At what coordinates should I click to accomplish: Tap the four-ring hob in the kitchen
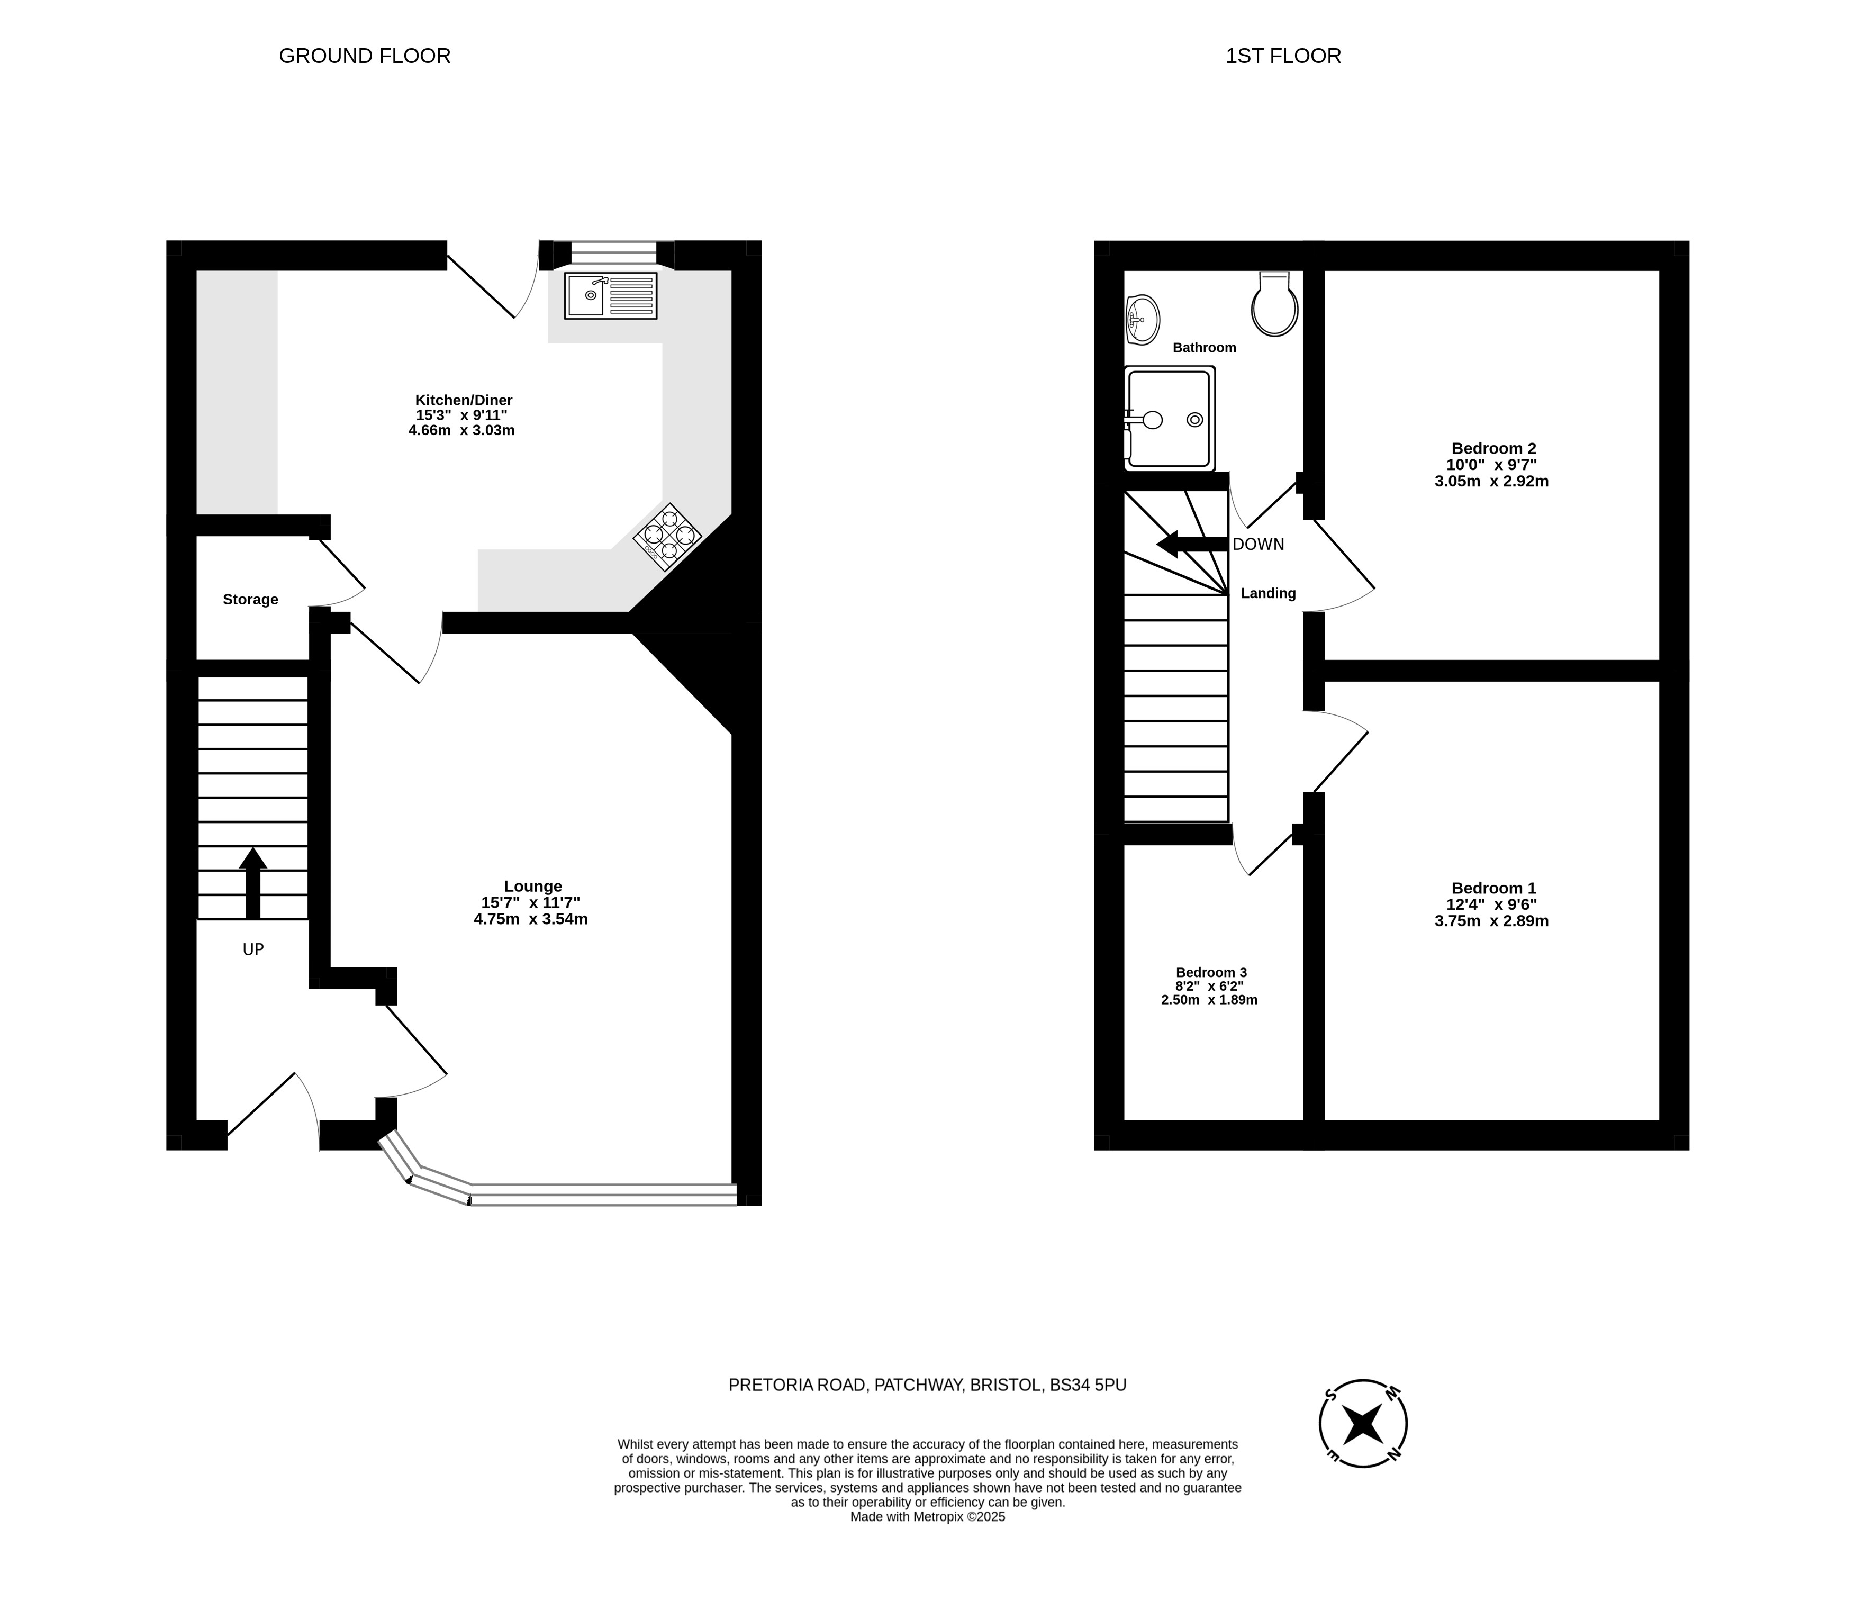[x=667, y=537]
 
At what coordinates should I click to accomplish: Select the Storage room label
[x=251, y=599]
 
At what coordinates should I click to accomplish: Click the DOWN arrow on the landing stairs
[x=1192, y=544]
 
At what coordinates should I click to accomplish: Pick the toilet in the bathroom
[x=1275, y=304]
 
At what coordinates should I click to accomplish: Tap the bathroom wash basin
[x=1142, y=319]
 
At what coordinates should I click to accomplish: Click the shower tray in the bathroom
[x=1170, y=419]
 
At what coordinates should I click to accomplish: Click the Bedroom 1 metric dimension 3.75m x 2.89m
[x=1491, y=921]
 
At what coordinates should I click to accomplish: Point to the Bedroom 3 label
[x=1211, y=972]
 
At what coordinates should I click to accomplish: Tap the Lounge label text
[x=533, y=886]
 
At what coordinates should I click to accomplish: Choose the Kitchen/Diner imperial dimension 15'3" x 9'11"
[x=461, y=415]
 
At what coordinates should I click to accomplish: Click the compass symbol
[x=1363, y=1424]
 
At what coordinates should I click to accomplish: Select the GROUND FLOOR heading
[x=365, y=56]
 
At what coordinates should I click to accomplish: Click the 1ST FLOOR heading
[x=1283, y=56]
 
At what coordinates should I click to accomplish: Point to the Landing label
[x=1269, y=593]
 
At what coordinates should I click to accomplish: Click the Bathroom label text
[x=1205, y=348]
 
